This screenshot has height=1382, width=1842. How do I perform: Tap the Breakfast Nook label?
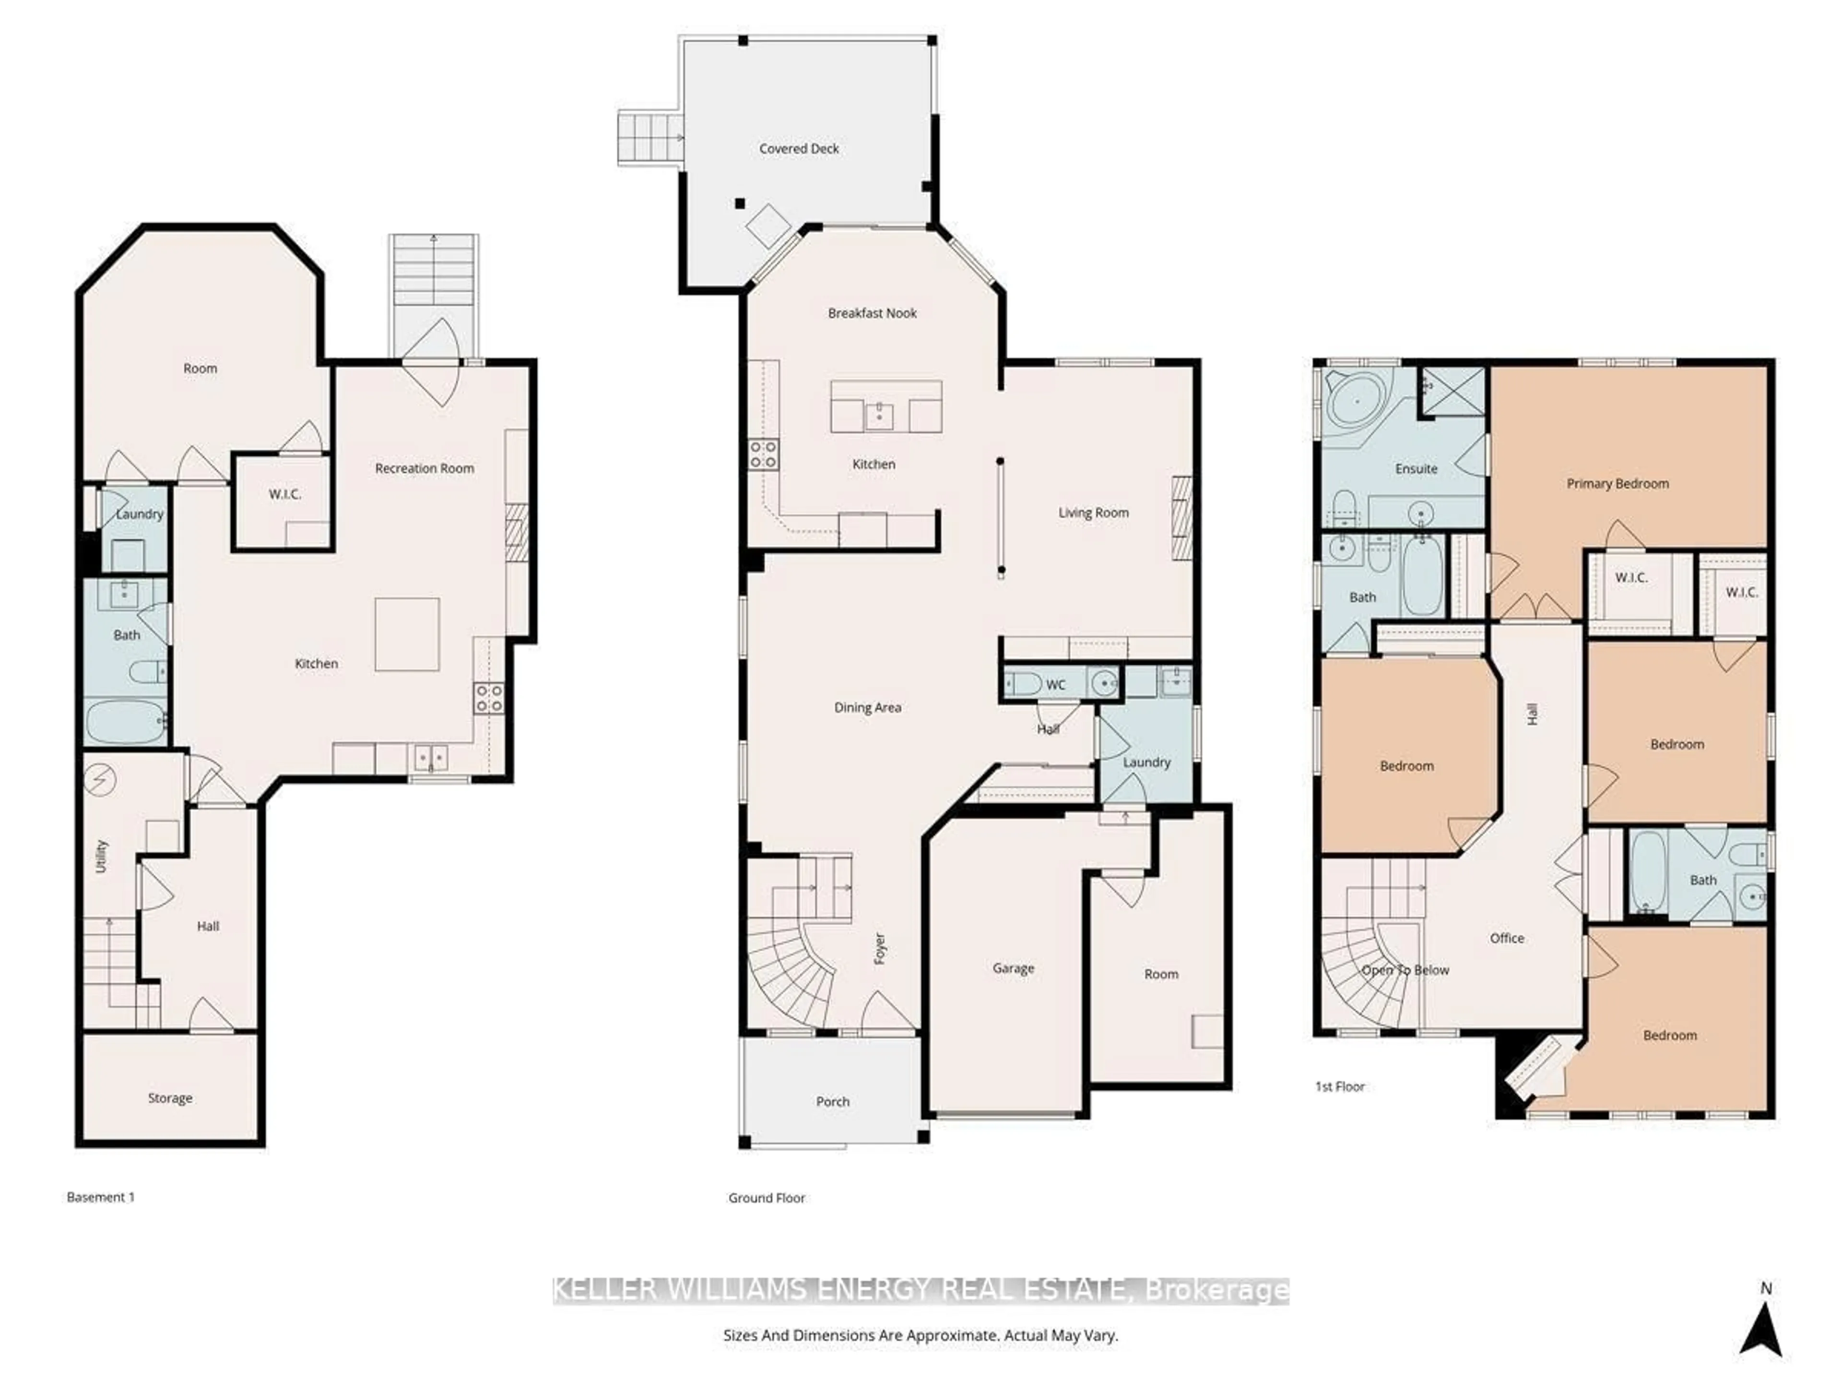tap(872, 313)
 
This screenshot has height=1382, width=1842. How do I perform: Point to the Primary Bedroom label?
tap(1617, 483)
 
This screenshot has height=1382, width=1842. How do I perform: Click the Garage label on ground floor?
tap(1013, 968)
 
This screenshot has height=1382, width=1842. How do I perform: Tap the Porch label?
tap(832, 1101)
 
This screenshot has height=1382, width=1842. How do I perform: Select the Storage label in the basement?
tap(170, 1098)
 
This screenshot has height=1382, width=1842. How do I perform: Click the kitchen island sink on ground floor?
tap(878, 414)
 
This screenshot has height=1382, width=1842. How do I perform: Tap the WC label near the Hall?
tap(1055, 685)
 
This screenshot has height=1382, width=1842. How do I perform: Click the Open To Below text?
tap(1405, 970)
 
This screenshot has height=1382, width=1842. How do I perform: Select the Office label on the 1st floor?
tap(1506, 938)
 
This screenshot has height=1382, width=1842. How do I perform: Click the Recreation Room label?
tap(424, 468)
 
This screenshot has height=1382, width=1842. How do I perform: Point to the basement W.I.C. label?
tap(285, 494)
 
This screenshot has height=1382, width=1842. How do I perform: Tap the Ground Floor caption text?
tap(766, 1198)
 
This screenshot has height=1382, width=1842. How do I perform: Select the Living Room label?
tap(1093, 512)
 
